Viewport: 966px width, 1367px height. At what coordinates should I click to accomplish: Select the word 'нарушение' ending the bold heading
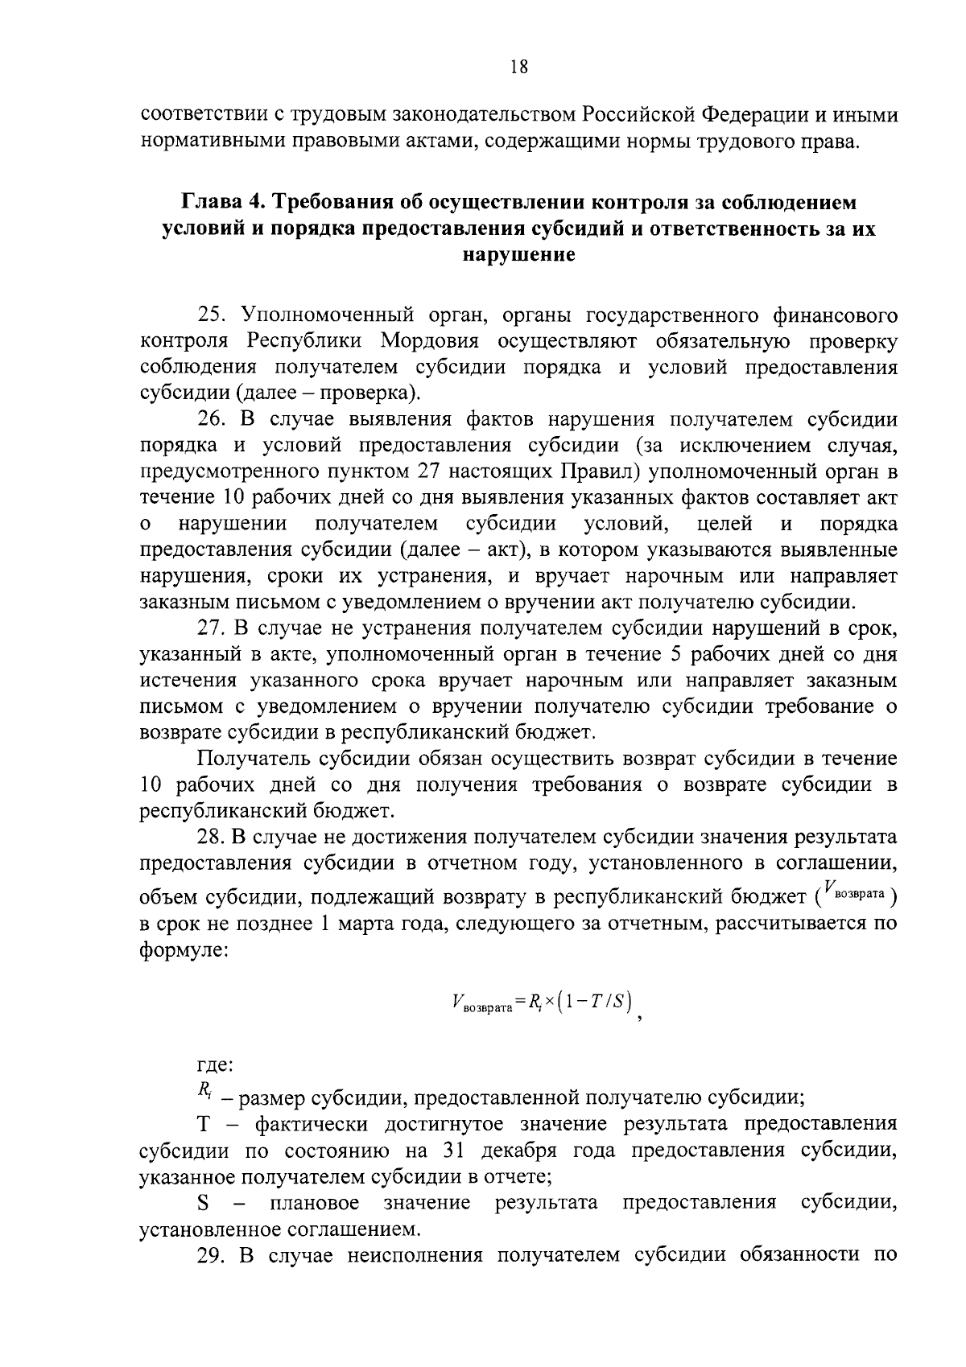518,255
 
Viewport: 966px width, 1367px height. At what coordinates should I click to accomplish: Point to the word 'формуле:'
184,950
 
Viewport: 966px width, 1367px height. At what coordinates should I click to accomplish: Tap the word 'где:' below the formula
215,1066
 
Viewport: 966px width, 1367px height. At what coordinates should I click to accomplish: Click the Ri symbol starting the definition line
204,1091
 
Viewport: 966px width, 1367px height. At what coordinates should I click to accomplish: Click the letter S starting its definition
204,1203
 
